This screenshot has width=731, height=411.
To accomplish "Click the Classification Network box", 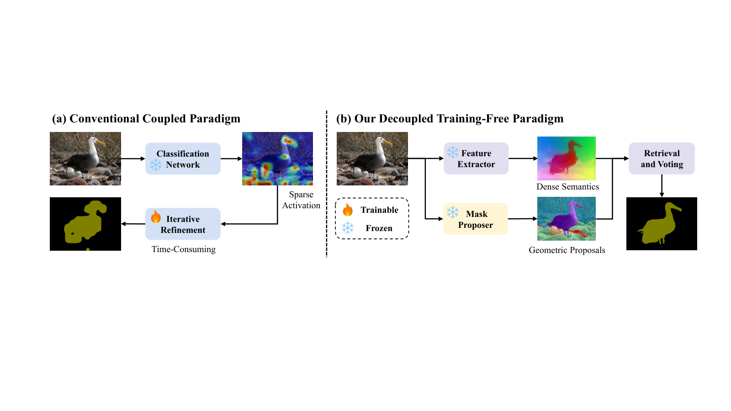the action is coord(183,158).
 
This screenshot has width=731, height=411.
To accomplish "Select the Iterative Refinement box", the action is coord(183,224).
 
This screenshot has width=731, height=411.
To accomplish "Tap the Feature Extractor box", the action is coord(476,158).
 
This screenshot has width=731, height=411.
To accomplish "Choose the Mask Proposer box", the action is coord(476,219).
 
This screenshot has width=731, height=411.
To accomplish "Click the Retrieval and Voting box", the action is coord(662,158).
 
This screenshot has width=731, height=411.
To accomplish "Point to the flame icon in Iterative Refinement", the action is coord(156,216).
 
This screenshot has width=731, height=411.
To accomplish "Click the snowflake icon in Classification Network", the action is coord(156,165).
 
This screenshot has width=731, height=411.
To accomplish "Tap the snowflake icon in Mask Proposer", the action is coord(453,212).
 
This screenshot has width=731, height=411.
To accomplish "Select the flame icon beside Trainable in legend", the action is coord(348,210).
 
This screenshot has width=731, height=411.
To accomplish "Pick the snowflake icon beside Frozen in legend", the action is coord(348,228).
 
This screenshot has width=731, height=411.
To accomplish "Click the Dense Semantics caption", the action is coord(567,187).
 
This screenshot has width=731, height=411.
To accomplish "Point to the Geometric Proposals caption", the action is coord(567,250).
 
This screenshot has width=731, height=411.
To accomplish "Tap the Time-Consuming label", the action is coord(183,249).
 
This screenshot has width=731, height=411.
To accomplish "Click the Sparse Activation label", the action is coord(301,200).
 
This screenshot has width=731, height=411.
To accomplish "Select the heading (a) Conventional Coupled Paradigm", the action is coord(146,118).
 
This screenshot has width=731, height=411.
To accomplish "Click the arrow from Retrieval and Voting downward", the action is coord(662,185).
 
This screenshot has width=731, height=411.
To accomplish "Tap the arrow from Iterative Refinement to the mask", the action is coord(133,224).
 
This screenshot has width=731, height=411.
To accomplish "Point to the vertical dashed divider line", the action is coord(326,184).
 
